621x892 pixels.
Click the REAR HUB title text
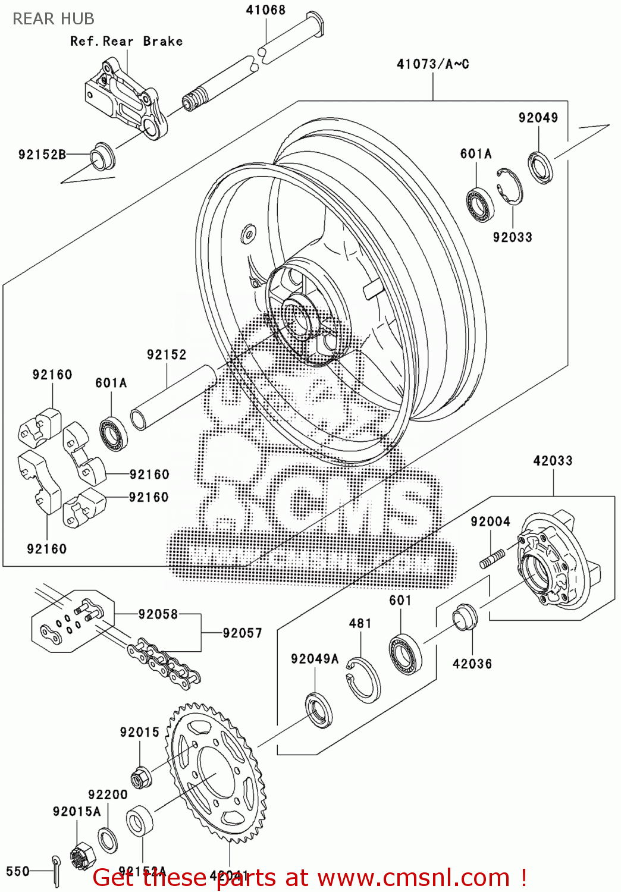[54, 19]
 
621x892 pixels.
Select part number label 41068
[265, 10]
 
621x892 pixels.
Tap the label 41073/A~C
[432, 64]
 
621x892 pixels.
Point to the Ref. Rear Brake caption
[126, 41]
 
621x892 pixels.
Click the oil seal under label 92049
[540, 167]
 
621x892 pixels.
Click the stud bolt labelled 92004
[493, 559]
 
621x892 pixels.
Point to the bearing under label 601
[406, 654]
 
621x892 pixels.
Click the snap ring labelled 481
[363, 680]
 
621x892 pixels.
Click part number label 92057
[242, 633]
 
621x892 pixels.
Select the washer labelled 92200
[108, 839]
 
